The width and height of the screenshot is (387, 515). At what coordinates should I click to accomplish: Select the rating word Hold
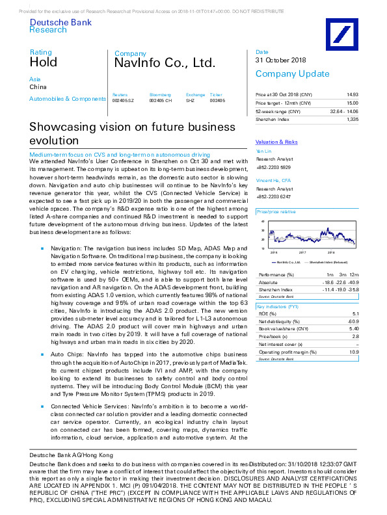tap(43, 62)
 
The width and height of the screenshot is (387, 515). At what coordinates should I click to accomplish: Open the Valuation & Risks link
tap(276, 142)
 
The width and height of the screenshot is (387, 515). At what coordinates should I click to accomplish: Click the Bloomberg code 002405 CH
tap(161, 101)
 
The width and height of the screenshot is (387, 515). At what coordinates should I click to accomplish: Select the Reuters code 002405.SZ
tap(124, 101)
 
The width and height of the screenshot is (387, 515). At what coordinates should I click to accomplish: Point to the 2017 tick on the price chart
tap(302, 251)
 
